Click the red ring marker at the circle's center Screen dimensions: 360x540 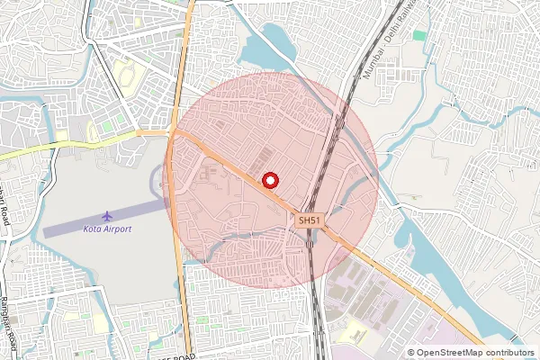pos(269,180)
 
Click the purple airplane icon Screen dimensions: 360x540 pos(108,216)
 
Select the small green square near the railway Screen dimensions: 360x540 pos(419,36)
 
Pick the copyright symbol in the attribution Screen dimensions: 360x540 pos(410,353)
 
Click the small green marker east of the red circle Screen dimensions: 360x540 pos(411,197)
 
